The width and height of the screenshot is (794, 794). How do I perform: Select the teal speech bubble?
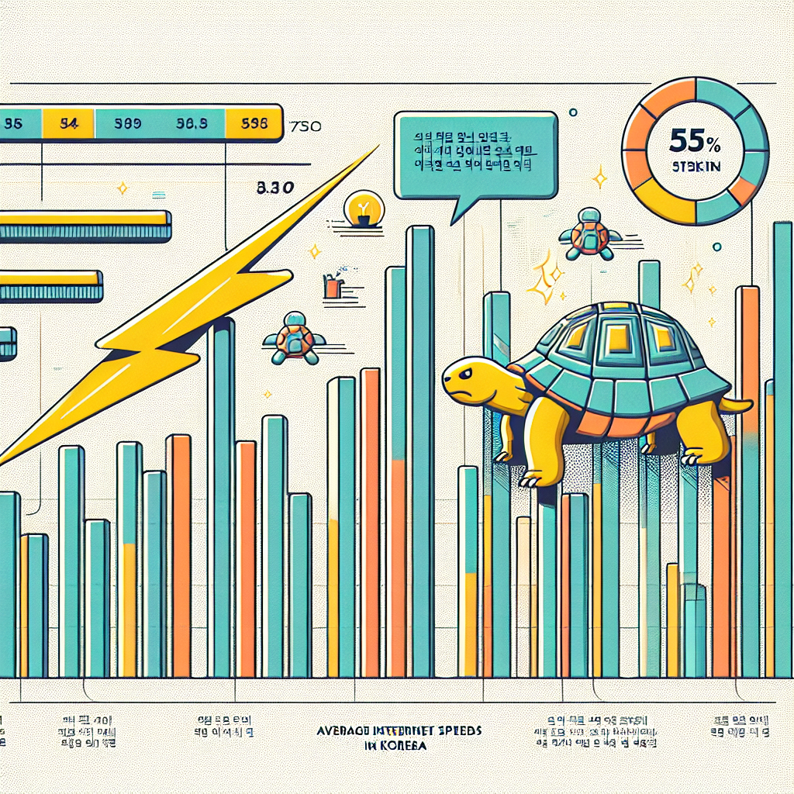475,155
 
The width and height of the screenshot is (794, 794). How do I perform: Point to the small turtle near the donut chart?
591,233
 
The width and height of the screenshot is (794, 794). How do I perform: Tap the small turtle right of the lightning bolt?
295,338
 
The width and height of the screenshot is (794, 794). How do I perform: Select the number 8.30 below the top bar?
272,187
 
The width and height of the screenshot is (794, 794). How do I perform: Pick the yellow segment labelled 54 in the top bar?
69,123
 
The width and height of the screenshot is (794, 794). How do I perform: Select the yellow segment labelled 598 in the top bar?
253,123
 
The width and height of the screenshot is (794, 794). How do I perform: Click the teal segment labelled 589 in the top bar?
126,123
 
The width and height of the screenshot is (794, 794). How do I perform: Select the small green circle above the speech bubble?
573,113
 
